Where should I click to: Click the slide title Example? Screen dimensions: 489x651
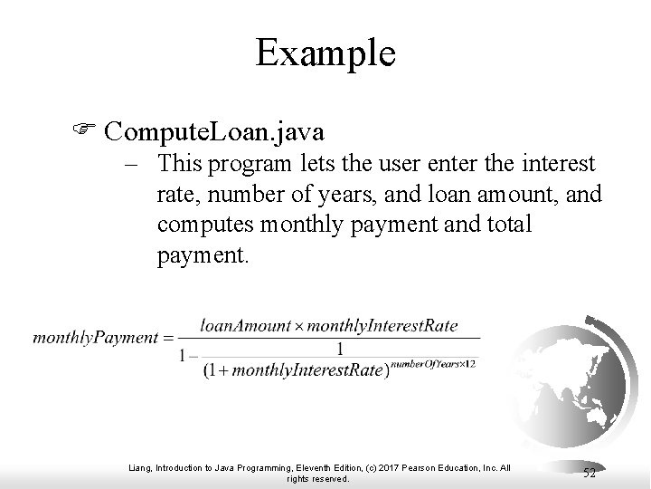[325, 53]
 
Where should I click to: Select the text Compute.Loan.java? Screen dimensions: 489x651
[214, 132]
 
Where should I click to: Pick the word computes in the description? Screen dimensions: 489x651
[202, 224]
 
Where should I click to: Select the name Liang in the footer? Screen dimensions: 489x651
[137, 467]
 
